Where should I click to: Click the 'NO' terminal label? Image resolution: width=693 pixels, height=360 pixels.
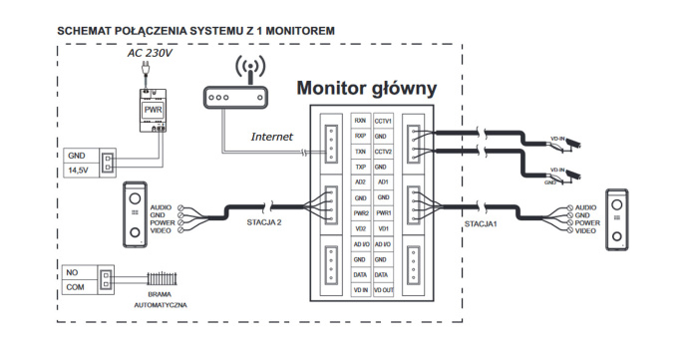73,270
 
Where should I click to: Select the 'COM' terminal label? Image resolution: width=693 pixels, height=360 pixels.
75,286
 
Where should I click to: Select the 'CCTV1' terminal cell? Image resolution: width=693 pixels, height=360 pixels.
383,119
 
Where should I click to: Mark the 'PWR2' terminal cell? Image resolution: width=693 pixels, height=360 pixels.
360,212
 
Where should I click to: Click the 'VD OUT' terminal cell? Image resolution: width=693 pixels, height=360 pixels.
383,289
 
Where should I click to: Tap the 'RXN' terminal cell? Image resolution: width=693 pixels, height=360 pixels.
360,119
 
